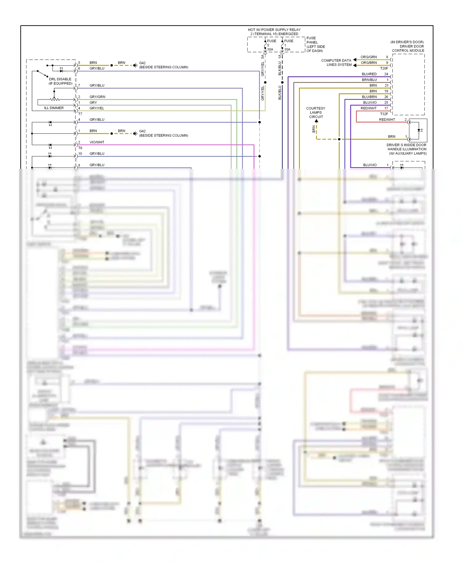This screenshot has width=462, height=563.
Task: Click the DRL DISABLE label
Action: (x=60, y=79)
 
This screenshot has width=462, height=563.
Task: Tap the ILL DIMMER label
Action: (x=54, y=108)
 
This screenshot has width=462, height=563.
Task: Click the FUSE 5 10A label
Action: (x=270, y=45)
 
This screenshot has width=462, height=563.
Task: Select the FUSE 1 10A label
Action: (x=288, y=45)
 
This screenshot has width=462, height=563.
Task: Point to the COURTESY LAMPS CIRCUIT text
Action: (x=316, y=112)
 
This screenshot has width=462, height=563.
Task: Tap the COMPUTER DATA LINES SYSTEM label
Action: (x=336, y=63)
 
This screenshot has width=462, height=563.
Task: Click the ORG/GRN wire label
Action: (x=368, y=57)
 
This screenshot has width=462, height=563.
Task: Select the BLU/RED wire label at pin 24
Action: (x=369, y=74)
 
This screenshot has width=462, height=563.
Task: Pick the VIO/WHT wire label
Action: (x=97, y=142)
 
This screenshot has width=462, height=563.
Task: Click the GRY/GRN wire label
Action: (x=97, y=97)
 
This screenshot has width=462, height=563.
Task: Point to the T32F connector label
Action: (x=384, y=114)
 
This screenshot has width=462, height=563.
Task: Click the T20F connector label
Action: (x=384, y=68)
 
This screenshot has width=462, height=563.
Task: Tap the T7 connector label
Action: (x=80, y=114)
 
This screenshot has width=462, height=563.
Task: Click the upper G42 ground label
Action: (x=142, y=63)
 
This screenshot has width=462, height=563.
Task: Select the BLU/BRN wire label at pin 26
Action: (x=369, y=97)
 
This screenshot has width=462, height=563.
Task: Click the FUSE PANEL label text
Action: (x=315, y=44)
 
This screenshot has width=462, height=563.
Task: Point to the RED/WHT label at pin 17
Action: (x=368, y=108)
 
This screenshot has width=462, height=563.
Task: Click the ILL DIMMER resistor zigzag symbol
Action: (x=55, y=99)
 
